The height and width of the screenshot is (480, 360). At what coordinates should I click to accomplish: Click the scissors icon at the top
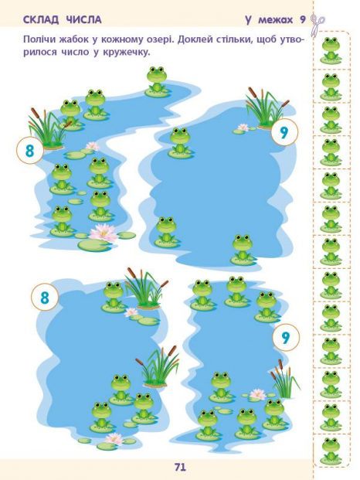318,23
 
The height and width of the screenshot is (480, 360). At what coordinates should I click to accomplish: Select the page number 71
180,467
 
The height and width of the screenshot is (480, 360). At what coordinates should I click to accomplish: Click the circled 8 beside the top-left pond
29,150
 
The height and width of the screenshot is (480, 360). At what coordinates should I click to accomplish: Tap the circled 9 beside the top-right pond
284,132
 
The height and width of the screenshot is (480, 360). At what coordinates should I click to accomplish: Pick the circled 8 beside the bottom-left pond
45,297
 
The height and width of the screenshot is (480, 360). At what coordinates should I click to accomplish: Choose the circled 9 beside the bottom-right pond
286,337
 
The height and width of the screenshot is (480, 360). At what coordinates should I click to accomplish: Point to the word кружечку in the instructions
129,53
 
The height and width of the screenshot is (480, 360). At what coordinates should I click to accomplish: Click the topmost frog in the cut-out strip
331,49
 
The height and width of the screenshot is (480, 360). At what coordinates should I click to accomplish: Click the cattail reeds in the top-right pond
266,107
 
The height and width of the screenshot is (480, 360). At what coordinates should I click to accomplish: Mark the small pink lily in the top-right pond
243,127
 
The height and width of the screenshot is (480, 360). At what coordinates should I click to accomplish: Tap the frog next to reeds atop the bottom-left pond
114,296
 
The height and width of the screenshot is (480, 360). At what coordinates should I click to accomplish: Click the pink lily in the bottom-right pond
258,394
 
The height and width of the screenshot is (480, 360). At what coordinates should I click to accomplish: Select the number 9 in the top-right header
302,20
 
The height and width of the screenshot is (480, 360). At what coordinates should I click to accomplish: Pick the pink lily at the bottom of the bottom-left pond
114,439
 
